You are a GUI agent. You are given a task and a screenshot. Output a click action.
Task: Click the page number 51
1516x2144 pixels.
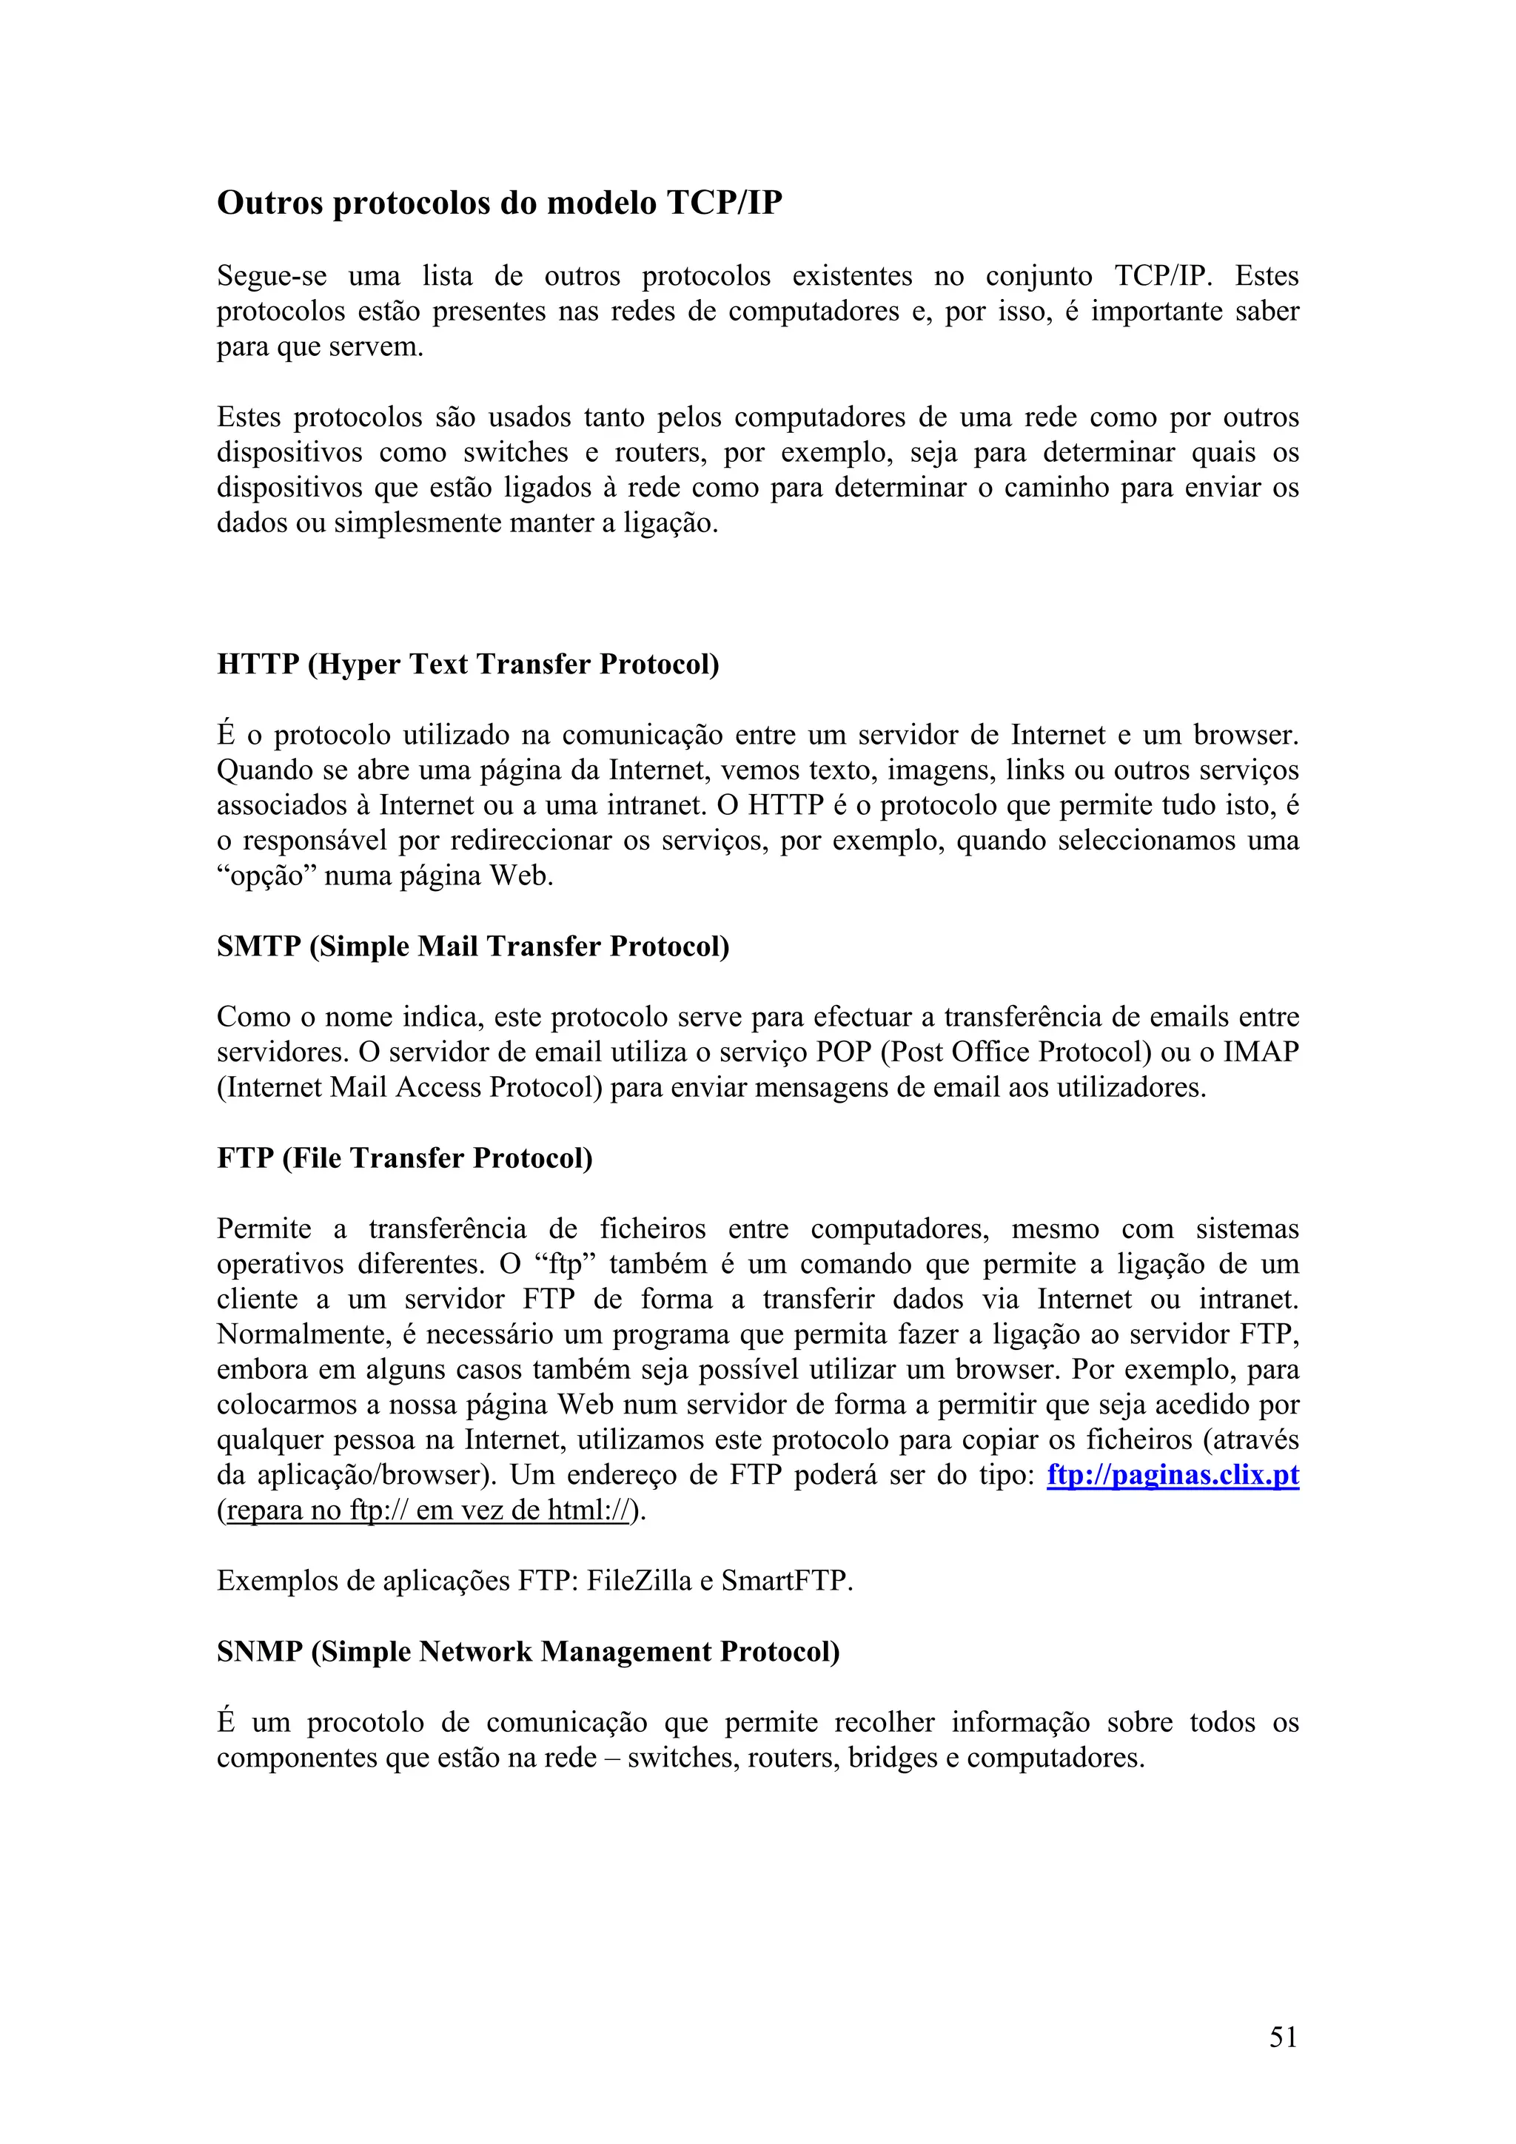click(x=1284, y=2037)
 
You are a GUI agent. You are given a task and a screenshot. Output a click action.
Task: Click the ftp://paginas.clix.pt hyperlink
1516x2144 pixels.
click(x=1173, y=1476)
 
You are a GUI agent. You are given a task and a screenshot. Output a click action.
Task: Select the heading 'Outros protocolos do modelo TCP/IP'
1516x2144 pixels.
click(x=500, y=203)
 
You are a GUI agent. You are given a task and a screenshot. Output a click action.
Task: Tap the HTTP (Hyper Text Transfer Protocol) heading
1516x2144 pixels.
click(x=468, y=664)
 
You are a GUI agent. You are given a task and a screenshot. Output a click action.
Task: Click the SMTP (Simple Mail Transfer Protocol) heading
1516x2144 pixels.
click(x=473, y=946)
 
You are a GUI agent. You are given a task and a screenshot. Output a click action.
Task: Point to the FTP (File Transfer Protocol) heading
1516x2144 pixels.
click(x=404, y=1158)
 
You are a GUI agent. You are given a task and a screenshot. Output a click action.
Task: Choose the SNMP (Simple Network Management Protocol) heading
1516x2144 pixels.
click(x=528, y=1652)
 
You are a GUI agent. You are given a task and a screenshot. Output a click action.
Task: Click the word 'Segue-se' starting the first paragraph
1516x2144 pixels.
click(x=272, y=276)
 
